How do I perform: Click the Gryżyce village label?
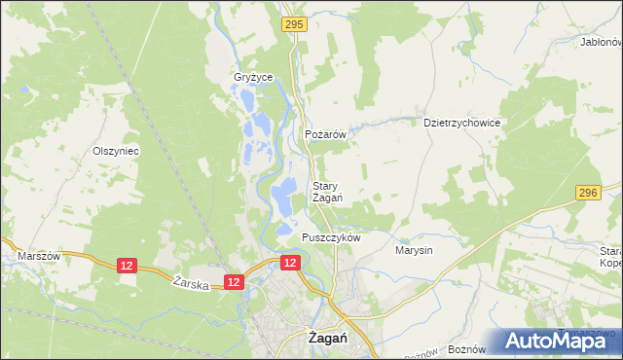[x=253, y=78]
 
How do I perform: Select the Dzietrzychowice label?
[x=461, y=124]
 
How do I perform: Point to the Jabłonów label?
[x=600, y=43]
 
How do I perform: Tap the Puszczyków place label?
[x=332, y=237]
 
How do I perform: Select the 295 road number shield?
[x=295, y=22]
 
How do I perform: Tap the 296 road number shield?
[x=585, y=194]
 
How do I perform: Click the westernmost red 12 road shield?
[x=127, y=265]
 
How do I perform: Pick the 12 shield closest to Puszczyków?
[x=290, y=263]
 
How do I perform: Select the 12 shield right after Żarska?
[x=233, y=281]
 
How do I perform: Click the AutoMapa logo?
[x=559, y=340]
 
